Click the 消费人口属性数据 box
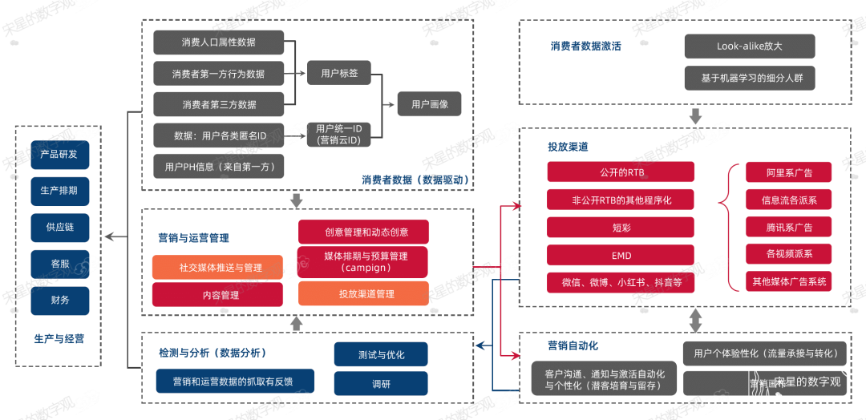pyautogui.click(x=219, y=42)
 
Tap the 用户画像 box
pyautogui.click(x=430, y=104)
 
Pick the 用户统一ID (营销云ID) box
pyautogui.click(x=339, y=135)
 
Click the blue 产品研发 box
pyautogui.click(x=60, y=155)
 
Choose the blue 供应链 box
pyautogui.click(x=60, y=228)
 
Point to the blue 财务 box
pyautogui.click(x=60, y=301)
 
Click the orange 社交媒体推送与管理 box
pyautogui.click(x=218, y=268)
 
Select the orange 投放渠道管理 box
pyautogui.click(x=363, y=293)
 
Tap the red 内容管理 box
pyautogui.click(x=218, y=295)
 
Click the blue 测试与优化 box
pyautogui.click(x=381, y=354)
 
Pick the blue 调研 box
pyautogui.click(x=381, y=383)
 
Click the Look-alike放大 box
pyautogui.click(x=750, y=46)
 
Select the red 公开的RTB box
pyautogui.click(x=621, y=172)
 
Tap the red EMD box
pyautogui.click(x=621, y=256)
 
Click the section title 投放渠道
pyautogui.click(x=568, y=147)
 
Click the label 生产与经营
pyautogui.click(x=59, y=339)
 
